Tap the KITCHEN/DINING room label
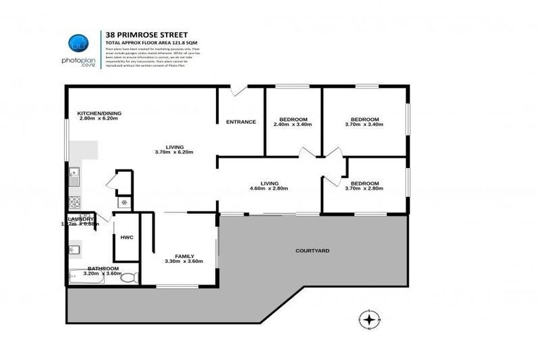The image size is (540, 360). pyautogui.click(x=97, y=113)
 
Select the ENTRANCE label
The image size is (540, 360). pyautogui.click(x=240, y=122)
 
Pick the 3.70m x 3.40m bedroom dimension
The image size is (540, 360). pyautogui.click(x=365, y=124)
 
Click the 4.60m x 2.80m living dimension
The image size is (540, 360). pyautogui.click(x=269, y=188)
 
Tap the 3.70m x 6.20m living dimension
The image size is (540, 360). pyautogui.click(x=174, y=152)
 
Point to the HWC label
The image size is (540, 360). pyautogui.click(x=127, y=238)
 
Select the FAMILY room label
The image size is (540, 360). pyautogui.click(x=184, y=256)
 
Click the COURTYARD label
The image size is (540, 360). pyautogui.click(x=312, y=250)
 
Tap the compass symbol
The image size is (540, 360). pyautogui.click(x=368, y=320)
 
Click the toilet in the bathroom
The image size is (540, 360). pyautogui.click(x=129, y=278)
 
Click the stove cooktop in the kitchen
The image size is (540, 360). pyautogui.click(x=75, y=202)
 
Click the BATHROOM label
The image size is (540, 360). pyautogui.click(x=103, y=268)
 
